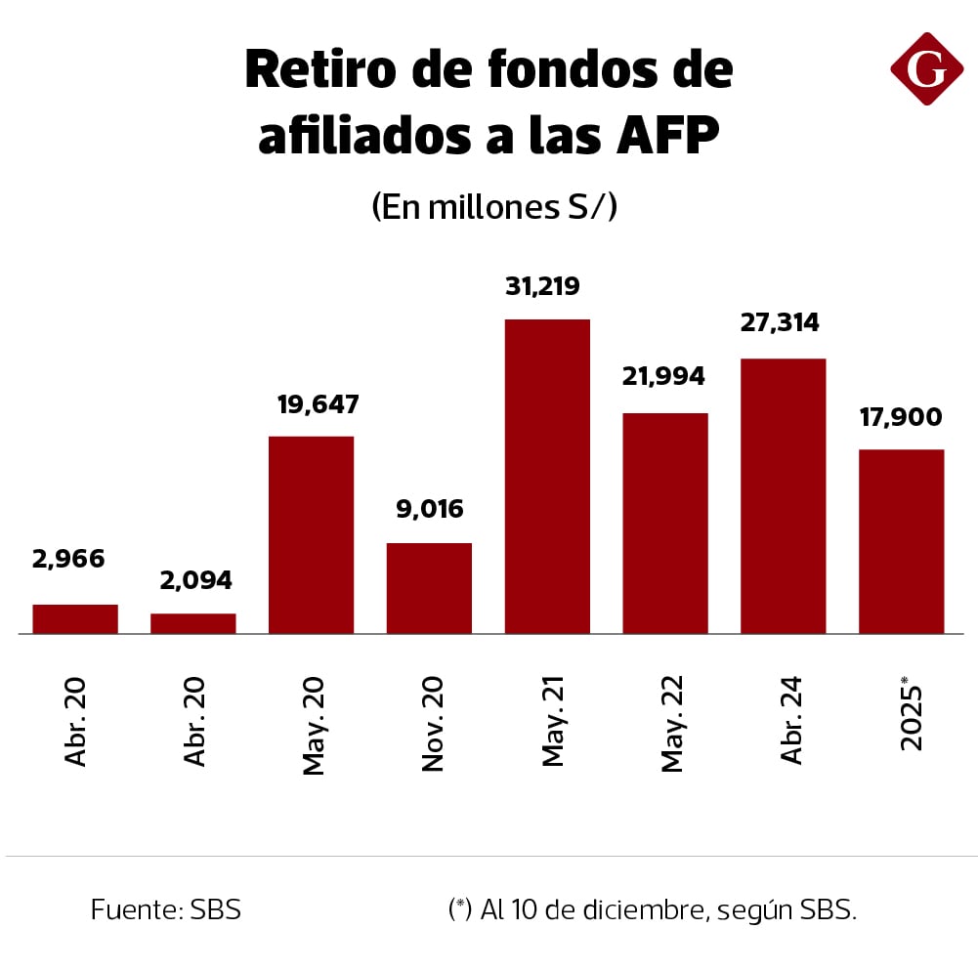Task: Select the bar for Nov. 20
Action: point(429,588)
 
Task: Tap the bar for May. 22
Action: point(665,524)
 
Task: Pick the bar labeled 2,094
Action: point(193,623)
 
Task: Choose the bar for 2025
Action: point(901,541)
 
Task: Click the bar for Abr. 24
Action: point(784,496)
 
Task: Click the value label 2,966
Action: point(68,560)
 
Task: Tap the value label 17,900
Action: point(901,417)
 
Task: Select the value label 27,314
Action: point(780,323)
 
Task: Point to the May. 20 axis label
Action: point(314,724)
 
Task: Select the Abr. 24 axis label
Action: point(791,719)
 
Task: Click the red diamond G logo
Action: point(926,68)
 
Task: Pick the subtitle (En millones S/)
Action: point(494,207)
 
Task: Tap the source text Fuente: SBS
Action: point(166,909)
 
